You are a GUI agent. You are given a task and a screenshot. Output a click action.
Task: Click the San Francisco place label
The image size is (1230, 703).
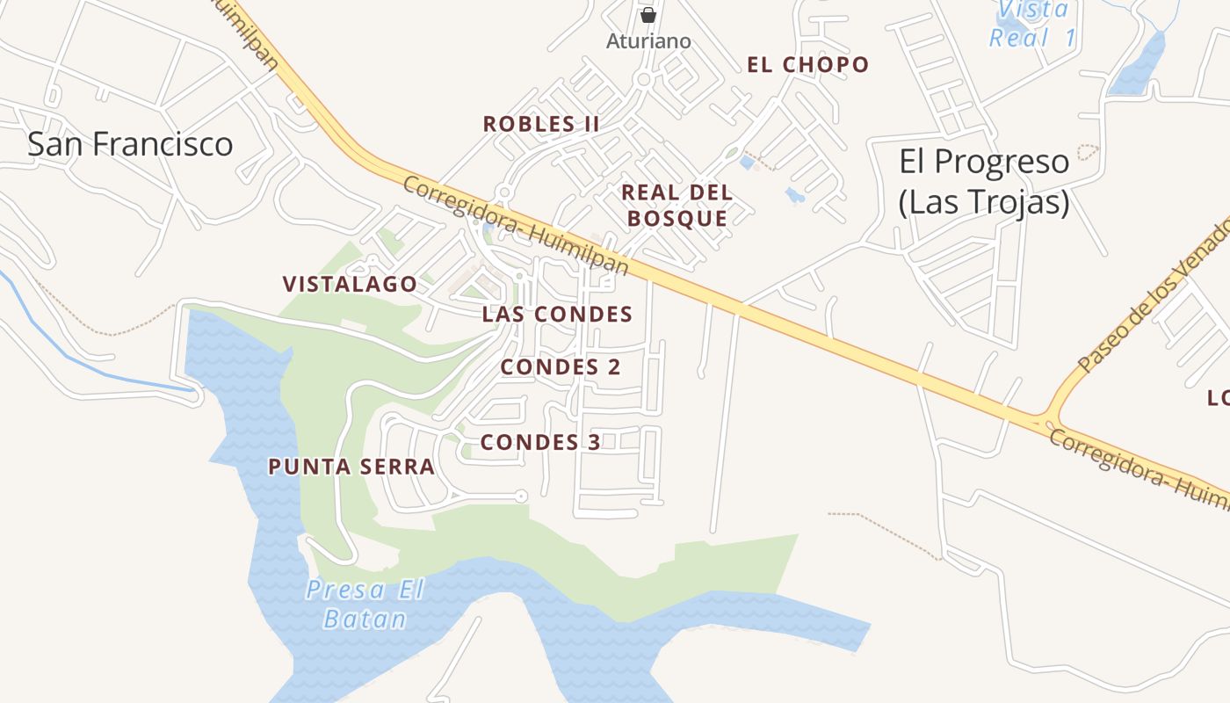(x=130, y=144)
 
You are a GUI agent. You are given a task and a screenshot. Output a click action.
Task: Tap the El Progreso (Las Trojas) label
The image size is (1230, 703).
(x=984, y=181)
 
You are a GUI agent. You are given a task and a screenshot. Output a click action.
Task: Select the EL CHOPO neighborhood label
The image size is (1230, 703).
(x=807, y=65)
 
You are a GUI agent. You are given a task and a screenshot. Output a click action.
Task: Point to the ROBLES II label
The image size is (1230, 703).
(x=541, y=124)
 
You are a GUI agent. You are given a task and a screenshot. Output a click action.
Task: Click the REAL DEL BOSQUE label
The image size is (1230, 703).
(x=676, y=206)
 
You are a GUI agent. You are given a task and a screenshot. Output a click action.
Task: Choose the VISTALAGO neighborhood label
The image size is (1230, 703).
(x=350, y=285)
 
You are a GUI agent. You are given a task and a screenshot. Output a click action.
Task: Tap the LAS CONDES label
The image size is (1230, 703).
(x=557, y=315)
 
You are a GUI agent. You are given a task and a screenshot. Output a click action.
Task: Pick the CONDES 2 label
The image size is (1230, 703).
(x=561, y=367)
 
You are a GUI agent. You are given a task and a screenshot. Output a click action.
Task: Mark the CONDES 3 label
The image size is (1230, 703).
(x=540, y=442)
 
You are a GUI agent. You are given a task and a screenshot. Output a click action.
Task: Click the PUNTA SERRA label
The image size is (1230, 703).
(x=351, y=467)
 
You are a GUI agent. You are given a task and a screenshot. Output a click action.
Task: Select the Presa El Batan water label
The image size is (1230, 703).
(x=365, y=604)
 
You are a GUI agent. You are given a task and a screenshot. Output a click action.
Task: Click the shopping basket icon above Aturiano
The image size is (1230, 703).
(x=648, y=15)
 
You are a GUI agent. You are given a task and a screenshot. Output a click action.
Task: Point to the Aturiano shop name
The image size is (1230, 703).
(x=648, y=41)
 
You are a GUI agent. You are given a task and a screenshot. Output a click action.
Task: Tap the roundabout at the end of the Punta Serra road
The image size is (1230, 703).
(x=521, y=496)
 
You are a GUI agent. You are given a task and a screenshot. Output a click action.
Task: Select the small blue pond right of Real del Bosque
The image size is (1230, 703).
(x=795, y=195)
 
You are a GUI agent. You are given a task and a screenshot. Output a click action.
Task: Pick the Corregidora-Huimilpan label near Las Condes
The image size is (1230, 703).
(x=517, y=225)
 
